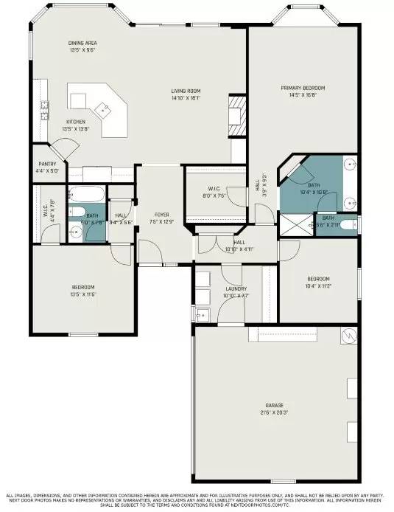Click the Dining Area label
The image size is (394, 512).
(x=82, y=44)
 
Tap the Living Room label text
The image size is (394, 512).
(x=186, y=90)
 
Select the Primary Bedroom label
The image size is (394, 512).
(x=303, y=88)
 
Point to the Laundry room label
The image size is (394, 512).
(x=236, y=288)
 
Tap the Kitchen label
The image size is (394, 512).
(x=76, y=122)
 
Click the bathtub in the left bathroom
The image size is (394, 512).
(x=82, y=196)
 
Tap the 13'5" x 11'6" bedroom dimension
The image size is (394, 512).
(x=82, y=294)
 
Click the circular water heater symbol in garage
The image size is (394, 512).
(x=348, y=335)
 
